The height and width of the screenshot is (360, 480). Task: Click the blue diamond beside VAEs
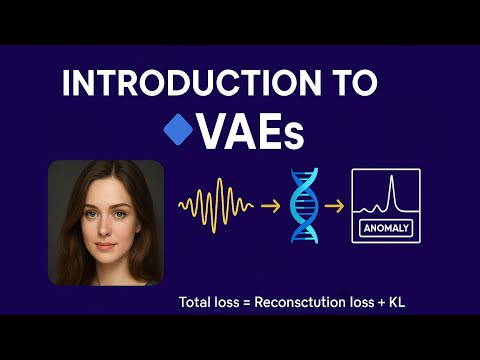[177, 130]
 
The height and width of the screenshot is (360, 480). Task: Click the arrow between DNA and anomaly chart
[338, 206]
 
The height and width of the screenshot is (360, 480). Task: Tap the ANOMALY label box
[385, 229]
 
